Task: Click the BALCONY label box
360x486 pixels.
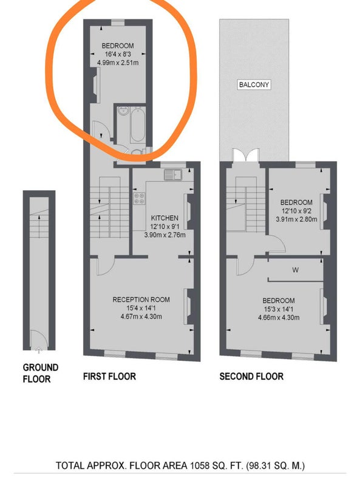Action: tap(254, 84)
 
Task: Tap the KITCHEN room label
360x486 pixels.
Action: tap(165, 218)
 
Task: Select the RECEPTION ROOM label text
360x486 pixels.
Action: tap(141, 299)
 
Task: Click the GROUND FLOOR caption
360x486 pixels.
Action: tap(40, 373)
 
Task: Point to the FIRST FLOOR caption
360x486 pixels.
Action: tap(109, 377)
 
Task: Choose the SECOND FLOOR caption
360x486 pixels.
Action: tap(251, 377)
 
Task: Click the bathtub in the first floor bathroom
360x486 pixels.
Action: tap(138, 125)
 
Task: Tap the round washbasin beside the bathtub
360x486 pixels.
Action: tap(123, 111)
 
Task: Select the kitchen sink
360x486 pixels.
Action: tap(173, 175)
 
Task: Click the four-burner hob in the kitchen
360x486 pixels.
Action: tap(139, 199)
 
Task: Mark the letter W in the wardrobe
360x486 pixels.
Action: tap(295, 270)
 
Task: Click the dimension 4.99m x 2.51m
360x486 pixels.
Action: tap(118, 63)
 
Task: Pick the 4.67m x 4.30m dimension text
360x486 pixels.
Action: tap(141, 317)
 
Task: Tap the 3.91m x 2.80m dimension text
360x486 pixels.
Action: tap(296, 219)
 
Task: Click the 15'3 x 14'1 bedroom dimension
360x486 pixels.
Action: tap(279, 309)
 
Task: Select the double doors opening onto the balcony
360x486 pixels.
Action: tap(245, 156)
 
